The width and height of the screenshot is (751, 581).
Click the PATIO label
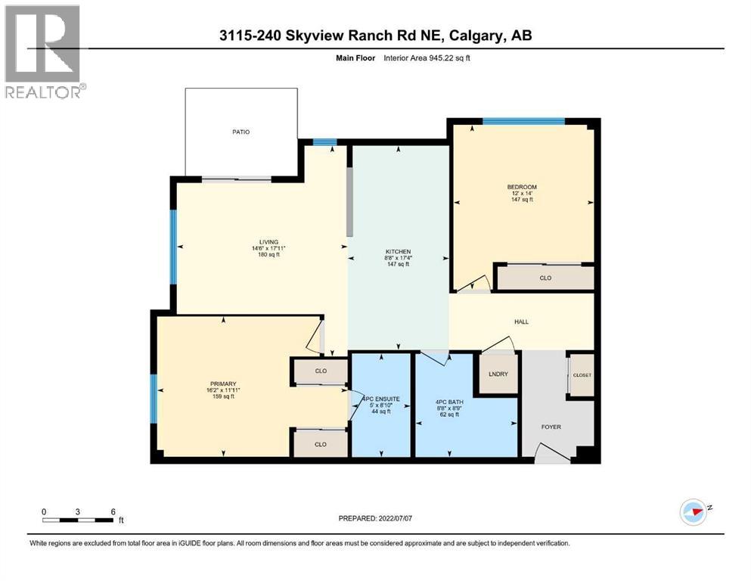pos(241,132)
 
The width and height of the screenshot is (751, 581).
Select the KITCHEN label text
pos(397,251)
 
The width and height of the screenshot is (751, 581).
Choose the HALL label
pos(521,322)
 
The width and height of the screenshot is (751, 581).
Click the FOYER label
pos(551,427)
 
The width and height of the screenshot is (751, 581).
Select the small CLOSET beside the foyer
pos(582,375)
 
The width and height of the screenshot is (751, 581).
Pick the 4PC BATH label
pos(449,402)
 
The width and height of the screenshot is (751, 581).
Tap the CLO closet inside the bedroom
pos(545,278)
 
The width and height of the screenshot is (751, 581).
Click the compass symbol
pos(694,511)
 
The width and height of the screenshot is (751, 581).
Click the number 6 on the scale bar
pos(113,511)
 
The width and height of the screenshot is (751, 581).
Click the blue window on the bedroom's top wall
pos(523,121)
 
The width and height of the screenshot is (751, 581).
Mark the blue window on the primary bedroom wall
pos(154,399)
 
